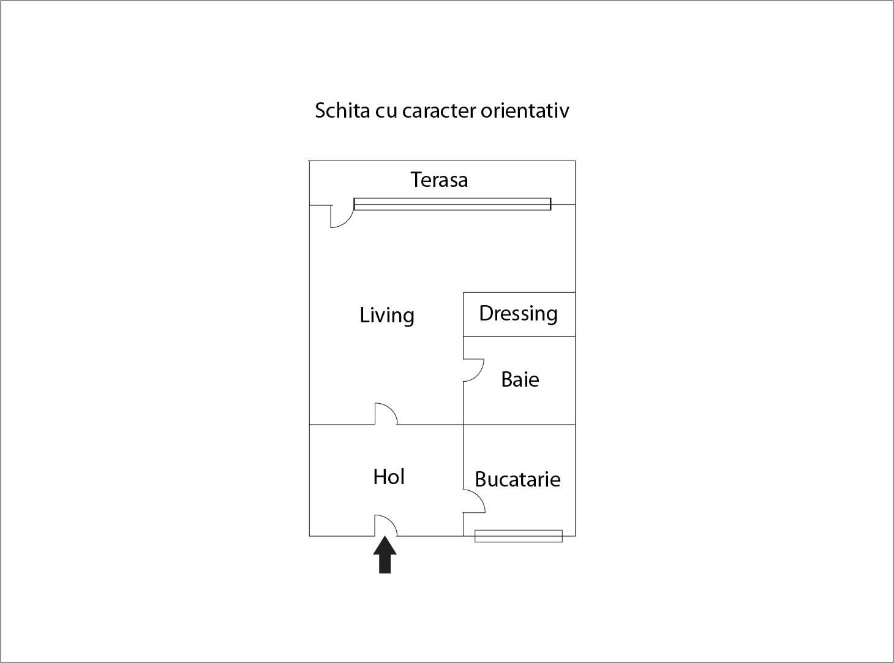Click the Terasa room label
tap(439, 180)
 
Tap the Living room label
tap(387, 316)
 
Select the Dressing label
tap(519, 314)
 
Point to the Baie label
tap(520, 380)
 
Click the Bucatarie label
tap(517, 479)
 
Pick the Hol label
tap(389, 477)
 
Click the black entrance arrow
tap(385, 555)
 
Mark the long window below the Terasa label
tap(453, 204)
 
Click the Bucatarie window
tap(519, 536)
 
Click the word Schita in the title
tap(342, 110)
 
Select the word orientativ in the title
tap(525, 110)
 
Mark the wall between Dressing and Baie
tap(519, 336)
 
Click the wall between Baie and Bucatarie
tap(519, 425)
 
